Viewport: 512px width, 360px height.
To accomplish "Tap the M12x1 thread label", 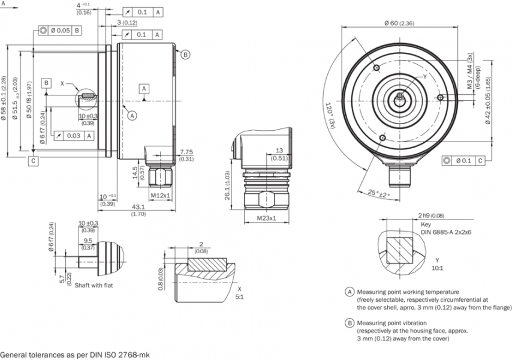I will click(161, 196).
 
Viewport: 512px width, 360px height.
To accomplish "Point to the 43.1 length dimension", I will click(137, 206).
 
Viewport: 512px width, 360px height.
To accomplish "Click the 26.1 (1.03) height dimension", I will click(228, 186).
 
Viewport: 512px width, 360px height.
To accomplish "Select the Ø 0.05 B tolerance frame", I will click(60, 30).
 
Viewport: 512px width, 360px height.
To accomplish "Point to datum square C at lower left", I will click(33, 160).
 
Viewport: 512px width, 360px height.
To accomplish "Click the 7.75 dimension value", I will click(186, 151).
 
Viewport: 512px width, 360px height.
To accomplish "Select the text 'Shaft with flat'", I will click(94, 285).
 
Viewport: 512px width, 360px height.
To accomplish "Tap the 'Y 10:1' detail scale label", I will click(437, 264).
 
